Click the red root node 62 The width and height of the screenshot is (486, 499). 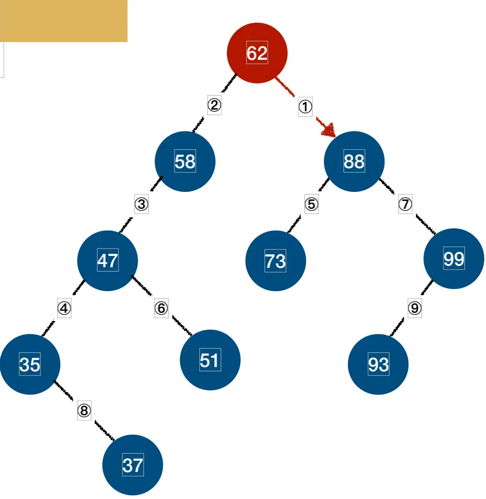coord(257,53)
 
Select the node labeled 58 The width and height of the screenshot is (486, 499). coord(185,161)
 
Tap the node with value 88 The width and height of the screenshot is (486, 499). coord(354,161)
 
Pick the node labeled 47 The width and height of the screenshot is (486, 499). coord(107,260)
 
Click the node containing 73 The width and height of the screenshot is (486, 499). coord(275,261)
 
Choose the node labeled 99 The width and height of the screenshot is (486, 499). coord(454,259)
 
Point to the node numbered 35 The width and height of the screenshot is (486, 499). coord(30,364)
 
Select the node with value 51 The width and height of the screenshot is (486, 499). coord(210,359)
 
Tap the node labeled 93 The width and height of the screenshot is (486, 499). coord(378,364)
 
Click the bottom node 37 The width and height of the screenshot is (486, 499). coord(133,465)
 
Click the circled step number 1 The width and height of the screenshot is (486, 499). coord(306,107)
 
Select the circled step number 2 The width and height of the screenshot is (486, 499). coord(214,105)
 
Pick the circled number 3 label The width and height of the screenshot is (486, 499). coord(141,205)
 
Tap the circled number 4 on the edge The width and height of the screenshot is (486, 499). coord(64,309)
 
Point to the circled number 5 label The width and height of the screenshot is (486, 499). coord(311,205)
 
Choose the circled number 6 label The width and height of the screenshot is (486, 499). coord(161,308)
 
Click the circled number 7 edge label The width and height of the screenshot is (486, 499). coord(405,205)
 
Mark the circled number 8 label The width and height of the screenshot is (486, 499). coord(84,411)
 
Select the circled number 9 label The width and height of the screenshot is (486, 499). coord(414,308)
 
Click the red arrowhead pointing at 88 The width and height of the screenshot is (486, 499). coord(328,129)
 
